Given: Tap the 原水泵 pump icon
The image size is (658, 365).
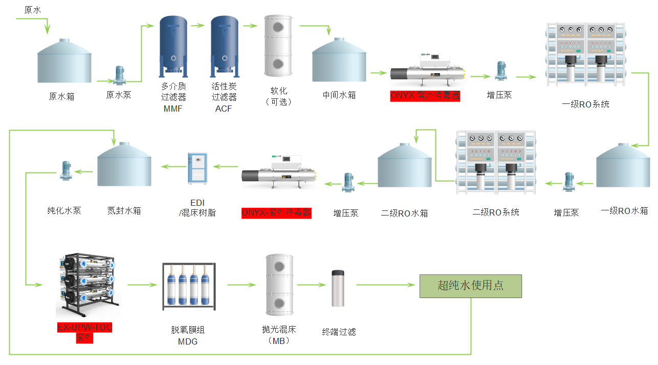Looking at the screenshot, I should click(x=120, y=75).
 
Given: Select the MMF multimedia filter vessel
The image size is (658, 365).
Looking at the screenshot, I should click(x=173, y=46).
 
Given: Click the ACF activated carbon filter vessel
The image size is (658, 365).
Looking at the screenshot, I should click(x=225, y=46).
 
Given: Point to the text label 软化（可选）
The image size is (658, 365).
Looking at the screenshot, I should click(x=278, y=96).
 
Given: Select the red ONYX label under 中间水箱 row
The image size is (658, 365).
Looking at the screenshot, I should click(x=425, y=96).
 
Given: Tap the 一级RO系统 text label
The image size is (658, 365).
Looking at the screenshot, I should click(x=585, y=104).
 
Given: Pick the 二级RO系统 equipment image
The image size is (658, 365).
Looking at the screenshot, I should click(x=496, y=163).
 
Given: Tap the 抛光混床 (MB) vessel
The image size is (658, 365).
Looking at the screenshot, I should click(x=279, y=285).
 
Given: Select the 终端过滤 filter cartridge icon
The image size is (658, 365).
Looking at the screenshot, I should click(x=338, y=288).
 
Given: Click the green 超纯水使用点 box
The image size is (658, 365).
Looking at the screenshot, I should click(x=470, y=286).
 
